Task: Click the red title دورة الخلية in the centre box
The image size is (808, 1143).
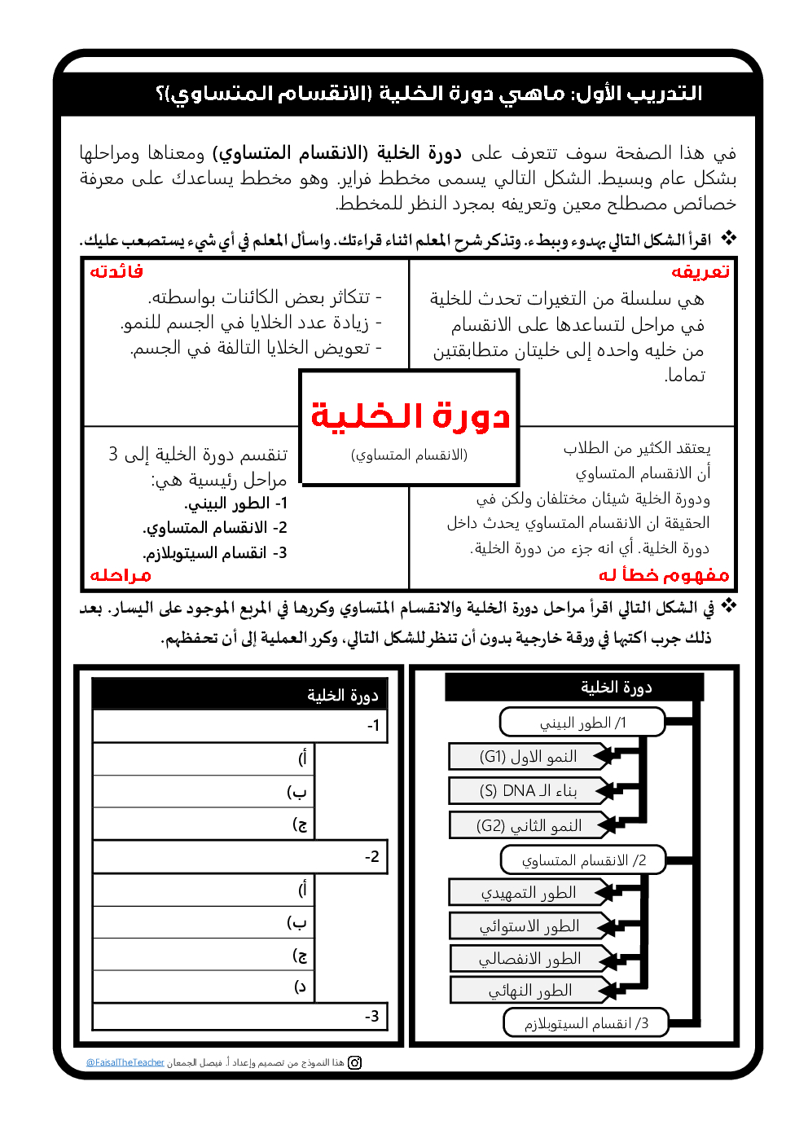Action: coord(410,416)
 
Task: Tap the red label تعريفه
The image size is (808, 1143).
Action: coord(700,271)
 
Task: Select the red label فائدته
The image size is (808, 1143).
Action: coord(116,271)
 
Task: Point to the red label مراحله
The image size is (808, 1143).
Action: coord(121,575)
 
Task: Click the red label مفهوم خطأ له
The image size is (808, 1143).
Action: coord(664,575)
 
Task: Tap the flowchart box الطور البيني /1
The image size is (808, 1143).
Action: coord(582,723)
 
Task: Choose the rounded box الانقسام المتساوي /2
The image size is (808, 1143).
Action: coord(583,860)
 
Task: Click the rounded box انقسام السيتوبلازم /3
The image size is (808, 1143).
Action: coord(586,1023)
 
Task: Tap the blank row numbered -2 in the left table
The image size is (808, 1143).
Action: coord(240,857)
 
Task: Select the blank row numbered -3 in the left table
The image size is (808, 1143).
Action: coord(240,1016)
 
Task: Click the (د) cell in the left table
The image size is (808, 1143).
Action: coord(204,987)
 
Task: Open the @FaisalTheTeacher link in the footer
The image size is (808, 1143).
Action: coord(125,1062)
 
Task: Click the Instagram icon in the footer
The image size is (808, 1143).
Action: coord(354,1062)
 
